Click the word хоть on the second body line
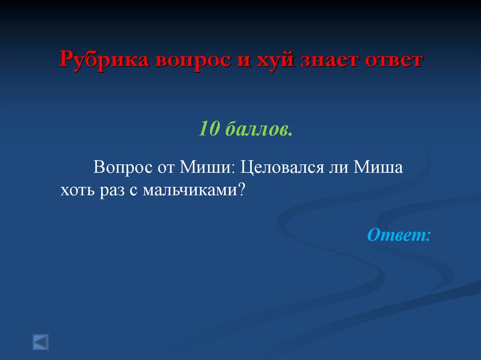point(77,190)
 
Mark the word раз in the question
point(110,191)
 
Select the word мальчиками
point(191,190)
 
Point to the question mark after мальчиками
point(243,190)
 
